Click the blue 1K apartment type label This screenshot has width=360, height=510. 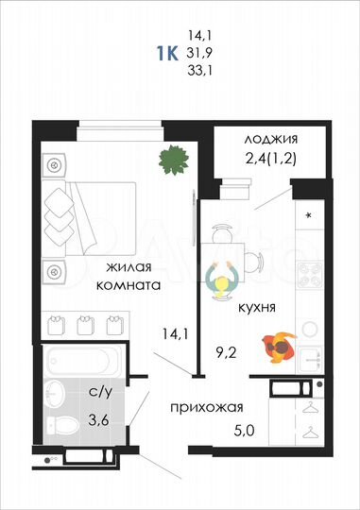pyautogui.click(x=169, y=51)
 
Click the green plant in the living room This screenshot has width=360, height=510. pyautogui.click(x=171, y=159)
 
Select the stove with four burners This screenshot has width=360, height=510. pyautogui.click(x=308, y=276)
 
